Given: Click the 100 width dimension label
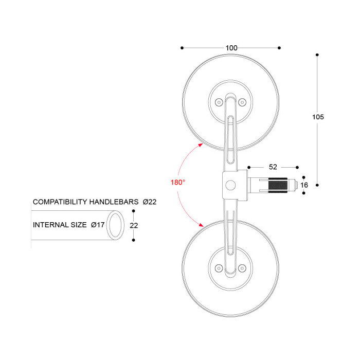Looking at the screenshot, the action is (231, 48).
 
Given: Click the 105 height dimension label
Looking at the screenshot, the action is (318, 117).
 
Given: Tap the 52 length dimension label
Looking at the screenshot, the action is (273, 167).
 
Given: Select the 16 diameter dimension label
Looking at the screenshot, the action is (304, 185).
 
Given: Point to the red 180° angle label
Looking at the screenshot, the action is (178, 182).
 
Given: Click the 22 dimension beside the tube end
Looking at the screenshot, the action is (134, 225).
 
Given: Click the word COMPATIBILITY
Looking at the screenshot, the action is (60, 202).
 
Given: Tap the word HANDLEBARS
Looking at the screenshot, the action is (114, 202).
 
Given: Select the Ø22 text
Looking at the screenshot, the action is (150, 202).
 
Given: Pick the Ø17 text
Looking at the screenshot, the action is (98, 225).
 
